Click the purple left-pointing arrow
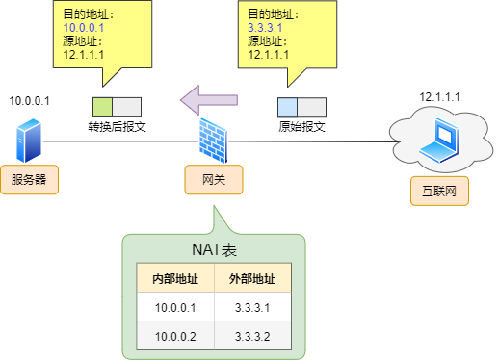pyautogui.click(x=208, y=98)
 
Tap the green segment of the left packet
pyautogui.click(x=103, y=107)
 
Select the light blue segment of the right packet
pyautogui.click(x=287, y=107)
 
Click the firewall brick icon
pyautogui.click(x=214, y=141)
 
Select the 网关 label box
pyautogui.click(x=214, y=179)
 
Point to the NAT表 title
pyautogui.click(x=214, y=249)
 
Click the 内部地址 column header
pyautogui.click(x=175, y=280)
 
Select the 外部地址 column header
pyautogui.click(x=252, y=280)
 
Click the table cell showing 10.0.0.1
pyautogui.click(x=175, y=308)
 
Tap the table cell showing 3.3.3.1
pyautogui.click(x=252, y=308)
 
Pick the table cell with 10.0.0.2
pyautogui.click(x=175, y=336)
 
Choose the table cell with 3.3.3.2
pyautogui.click(x=252, y=336)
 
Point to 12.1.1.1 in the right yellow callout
pyautogui.click(x=268, y=55)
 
